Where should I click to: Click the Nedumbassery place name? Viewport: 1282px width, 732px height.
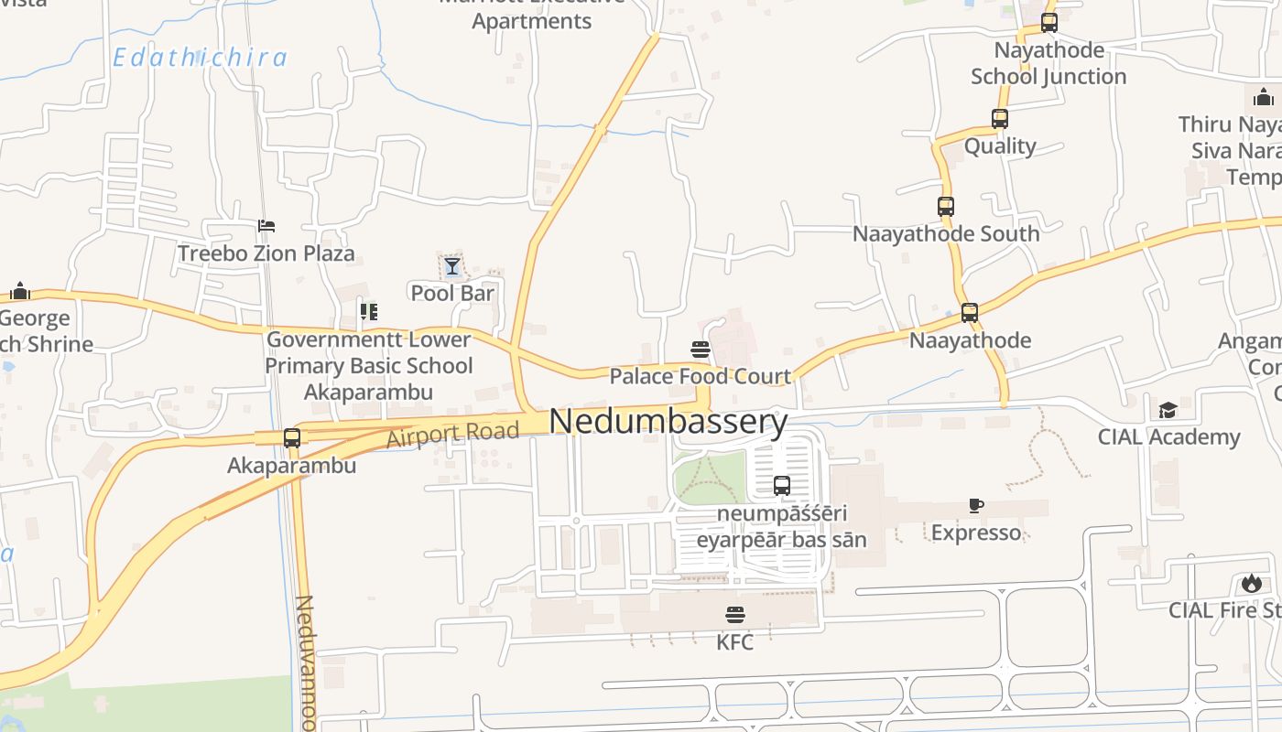[x=668, y=422]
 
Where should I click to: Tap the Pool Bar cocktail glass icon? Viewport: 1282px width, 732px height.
[x=451, y=266]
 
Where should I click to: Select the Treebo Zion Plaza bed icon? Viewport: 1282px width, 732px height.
[x=266, y=226]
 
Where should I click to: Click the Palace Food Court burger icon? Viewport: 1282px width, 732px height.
[x=701, y=349]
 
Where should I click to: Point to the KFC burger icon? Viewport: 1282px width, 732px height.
[x=735, y=614]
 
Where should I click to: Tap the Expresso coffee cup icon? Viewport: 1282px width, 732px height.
[x=976, y=505]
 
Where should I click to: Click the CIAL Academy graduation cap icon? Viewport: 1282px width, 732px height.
[x=1168, y=410]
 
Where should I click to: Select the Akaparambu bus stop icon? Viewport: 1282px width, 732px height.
[x=292, y=438]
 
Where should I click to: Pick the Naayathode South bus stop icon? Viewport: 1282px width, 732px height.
[x=946, y=207]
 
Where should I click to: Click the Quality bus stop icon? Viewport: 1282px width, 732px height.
[x=1000, y=119]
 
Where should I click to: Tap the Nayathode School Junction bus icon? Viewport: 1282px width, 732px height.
[x=1049, y=23]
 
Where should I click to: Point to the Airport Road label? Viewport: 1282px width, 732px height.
[x=452, y=435]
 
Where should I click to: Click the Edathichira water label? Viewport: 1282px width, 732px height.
[x=200, y=58]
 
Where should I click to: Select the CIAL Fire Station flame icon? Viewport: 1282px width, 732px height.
[x=1251, y=583]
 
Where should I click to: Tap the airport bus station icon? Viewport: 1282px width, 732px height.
[x=781, y=486]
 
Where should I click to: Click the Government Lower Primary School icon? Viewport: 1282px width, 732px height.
[x=368, y=312]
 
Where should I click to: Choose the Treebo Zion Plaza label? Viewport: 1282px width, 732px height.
[x=266, y=253]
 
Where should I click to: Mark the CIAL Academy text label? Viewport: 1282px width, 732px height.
[x=1168, y=437]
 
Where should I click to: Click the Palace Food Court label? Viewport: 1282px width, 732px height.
[x=700, y=376]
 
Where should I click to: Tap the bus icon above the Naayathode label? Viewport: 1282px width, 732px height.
[x=970, y=313]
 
